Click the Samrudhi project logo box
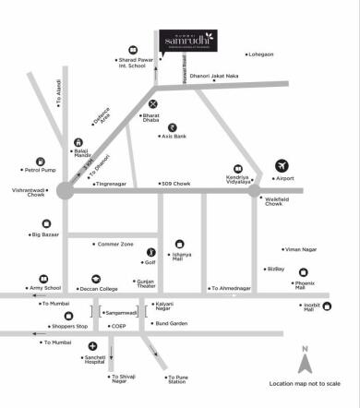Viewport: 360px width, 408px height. click(x=189, y=42)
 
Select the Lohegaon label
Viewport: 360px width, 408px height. click(x=257, y=54)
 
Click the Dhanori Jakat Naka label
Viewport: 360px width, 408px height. click(x=214, y=76)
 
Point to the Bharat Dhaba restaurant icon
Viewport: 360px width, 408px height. click(x=153, y=103)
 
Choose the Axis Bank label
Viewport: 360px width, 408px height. click(x=174, y=137)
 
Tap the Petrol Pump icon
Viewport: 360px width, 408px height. click(x=41, y=162)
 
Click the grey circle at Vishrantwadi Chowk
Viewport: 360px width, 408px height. click(x=65, y=190)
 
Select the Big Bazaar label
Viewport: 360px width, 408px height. click(x=46, y=235)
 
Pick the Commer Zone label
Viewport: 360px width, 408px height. click(x=115, y=244)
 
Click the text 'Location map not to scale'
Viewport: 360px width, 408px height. click(x=305, y=383)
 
